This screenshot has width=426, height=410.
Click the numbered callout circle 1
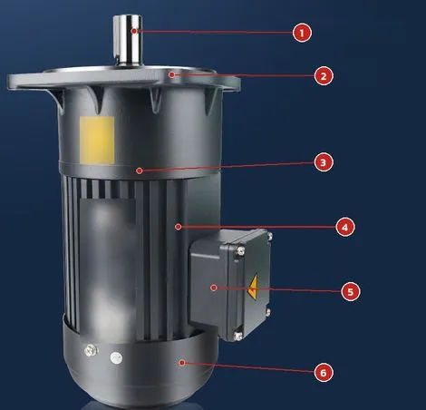(x=302, y=33)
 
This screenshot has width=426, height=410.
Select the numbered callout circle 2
(x=324, y=76)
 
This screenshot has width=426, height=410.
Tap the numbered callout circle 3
(x=324, y=162)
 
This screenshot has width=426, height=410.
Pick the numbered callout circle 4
(x=345, y=228)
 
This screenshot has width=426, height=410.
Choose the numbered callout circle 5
(x=351, y=292)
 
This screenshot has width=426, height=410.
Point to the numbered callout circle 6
(x=324, y=373)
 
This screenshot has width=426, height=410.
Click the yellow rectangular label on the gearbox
(x=97, y=141)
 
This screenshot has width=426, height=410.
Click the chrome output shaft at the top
(x=128, y=40)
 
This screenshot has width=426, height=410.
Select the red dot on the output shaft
(x=134, y=31)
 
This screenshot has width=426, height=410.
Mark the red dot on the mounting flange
(x=171, y=74)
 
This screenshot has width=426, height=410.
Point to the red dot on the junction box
(x=214, y=288)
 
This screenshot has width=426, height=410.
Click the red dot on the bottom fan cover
(x=181, y=363)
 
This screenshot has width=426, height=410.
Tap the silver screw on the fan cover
(x=91, y=350)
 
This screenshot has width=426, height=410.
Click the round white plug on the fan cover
(x=116, y=358)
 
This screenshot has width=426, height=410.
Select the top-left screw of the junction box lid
(x=240, y=250)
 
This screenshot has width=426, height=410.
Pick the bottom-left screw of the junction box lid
(x=238, y=336)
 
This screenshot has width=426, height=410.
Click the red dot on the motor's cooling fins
(x=178, y=227)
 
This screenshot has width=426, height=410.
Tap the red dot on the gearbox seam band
(x=140, y=171)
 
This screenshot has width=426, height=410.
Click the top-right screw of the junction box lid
(x=269, y=236)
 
